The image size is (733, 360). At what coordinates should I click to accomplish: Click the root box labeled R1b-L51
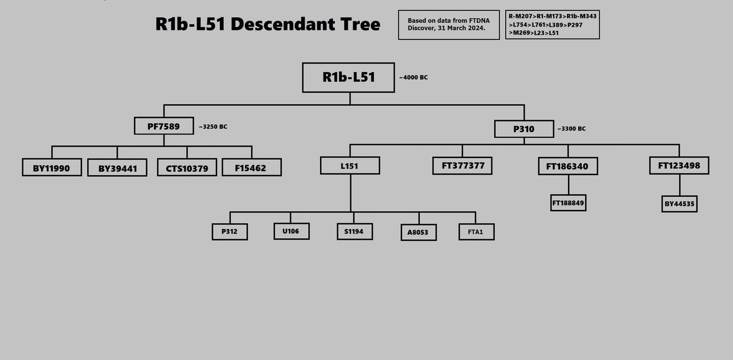348,77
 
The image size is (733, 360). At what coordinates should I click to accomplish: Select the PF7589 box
164,126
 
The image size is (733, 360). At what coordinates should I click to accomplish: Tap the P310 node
524,129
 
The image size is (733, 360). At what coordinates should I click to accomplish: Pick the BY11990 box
52,168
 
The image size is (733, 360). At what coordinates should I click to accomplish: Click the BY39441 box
117,168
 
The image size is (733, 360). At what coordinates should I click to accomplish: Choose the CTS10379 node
187,168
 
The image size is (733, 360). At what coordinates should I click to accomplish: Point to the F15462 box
251,168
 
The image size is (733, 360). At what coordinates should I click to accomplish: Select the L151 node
350,166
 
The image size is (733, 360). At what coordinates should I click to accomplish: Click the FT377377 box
462,166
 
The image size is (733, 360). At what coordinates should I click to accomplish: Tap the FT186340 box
568,167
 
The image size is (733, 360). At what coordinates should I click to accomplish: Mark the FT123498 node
679,166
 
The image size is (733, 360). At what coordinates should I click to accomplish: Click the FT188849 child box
568,203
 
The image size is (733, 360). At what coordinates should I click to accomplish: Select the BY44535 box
679,204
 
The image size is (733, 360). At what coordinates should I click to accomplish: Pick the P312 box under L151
230,232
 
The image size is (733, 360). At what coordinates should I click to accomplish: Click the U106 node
291,231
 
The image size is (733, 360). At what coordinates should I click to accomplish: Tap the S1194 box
354,231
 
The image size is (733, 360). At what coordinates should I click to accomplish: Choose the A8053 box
419,232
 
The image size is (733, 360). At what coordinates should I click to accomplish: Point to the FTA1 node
476,232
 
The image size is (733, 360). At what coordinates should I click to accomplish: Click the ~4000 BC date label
413,77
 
